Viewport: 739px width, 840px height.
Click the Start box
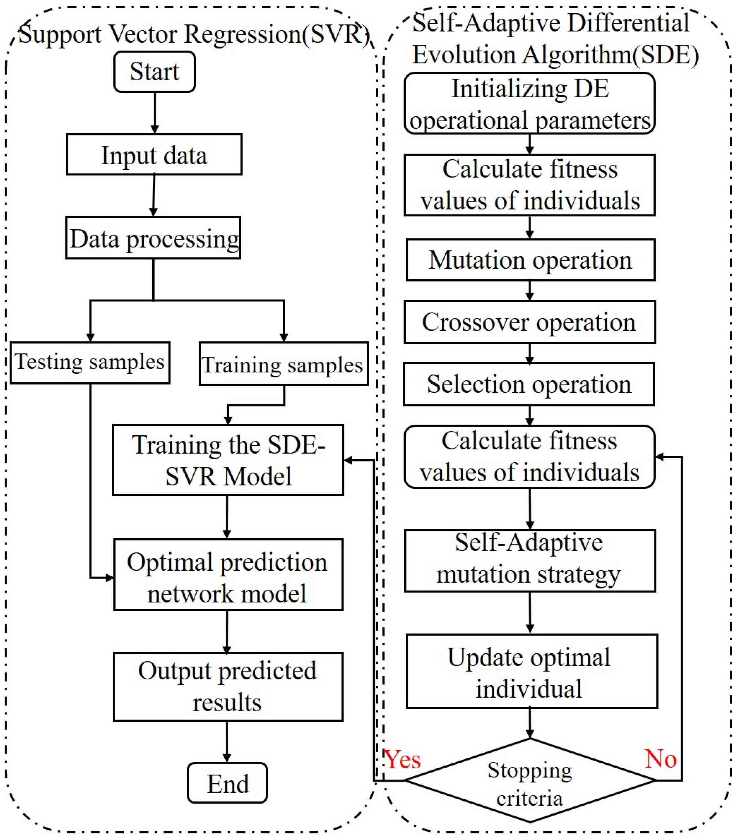(155, 71)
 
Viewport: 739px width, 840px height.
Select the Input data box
(154, 155)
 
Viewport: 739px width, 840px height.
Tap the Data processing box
(153, 238)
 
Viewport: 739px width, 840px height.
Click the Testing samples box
(90, 363)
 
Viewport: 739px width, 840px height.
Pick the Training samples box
(283, 364)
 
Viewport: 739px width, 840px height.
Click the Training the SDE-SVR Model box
(228, 460)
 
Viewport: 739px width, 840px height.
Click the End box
(227, 783)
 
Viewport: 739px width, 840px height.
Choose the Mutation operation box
(530, 260)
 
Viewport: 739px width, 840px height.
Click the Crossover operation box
(529, 322)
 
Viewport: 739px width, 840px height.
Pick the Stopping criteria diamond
(530, 781)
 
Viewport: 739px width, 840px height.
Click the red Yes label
(403, 760)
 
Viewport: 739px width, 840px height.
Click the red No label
(660, 759)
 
